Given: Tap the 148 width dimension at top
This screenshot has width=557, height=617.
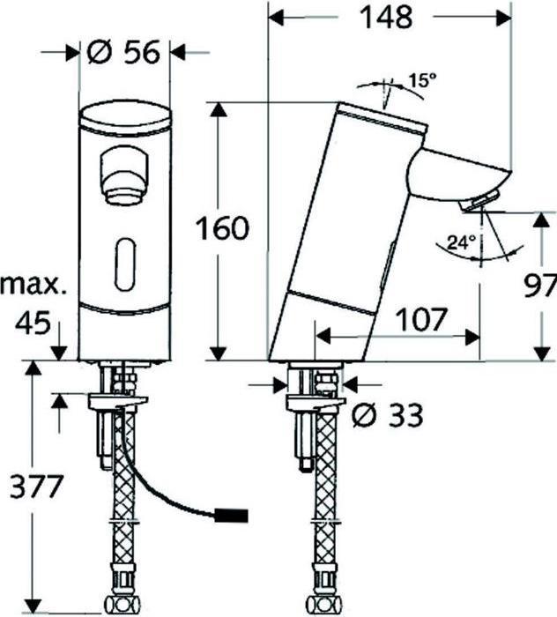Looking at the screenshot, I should tap(390, 18).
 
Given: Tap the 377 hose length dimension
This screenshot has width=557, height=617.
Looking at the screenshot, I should tap(33, 485).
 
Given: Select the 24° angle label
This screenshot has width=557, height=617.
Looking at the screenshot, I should tap(461, 242).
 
